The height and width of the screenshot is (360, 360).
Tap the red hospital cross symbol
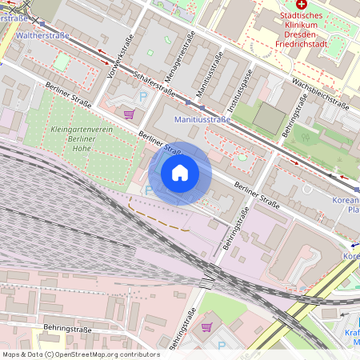pyautogui.click(x=302, y=4)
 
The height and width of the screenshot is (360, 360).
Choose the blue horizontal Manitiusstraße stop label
pyautogui.click(x=202, y=120)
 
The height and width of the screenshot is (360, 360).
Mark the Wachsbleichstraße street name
pyautogui.click(x=320, y=93)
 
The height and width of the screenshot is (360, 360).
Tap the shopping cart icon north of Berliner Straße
pyautogui.click(x=128, y=114)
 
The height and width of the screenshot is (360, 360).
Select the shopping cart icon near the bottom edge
pyautogui.click(x=206, y=326)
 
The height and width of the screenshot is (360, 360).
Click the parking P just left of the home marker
pyautogui.click(x=147, y=190)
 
